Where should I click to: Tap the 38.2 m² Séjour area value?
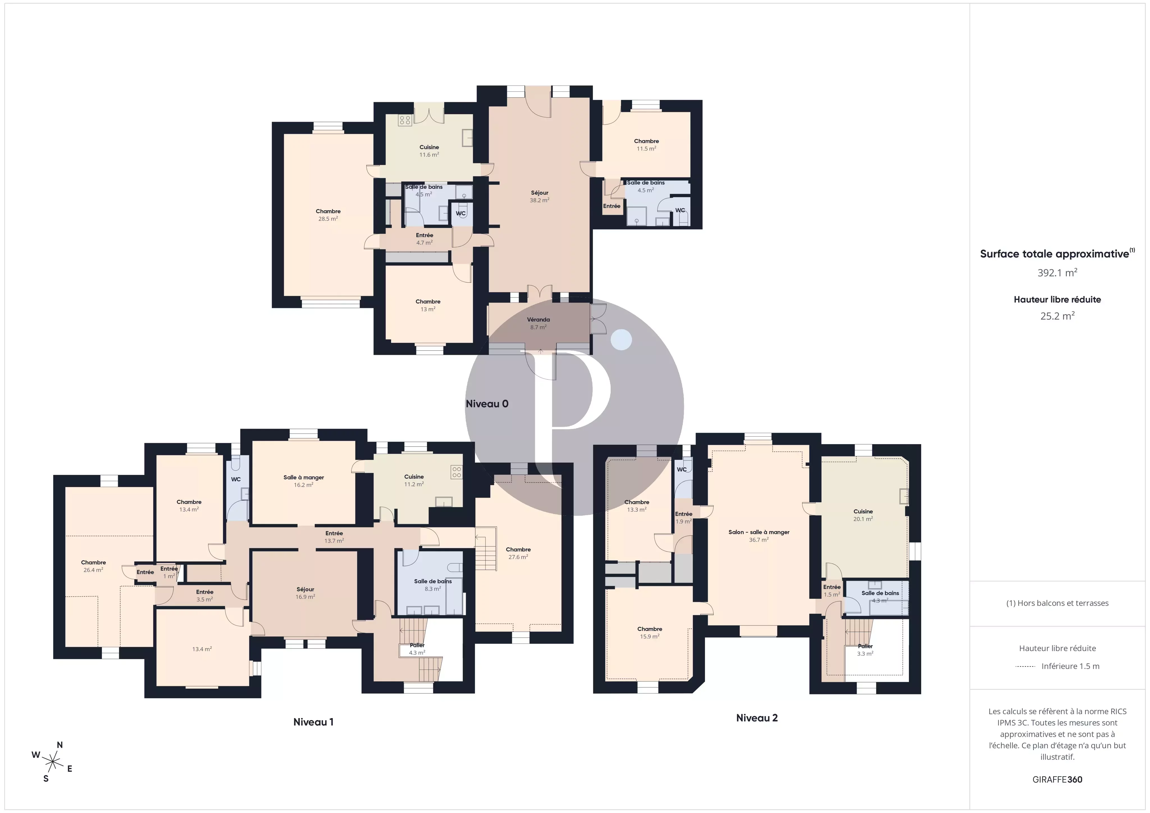pyautogui.click(x=539, y=200)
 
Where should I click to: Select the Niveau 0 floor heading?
pyautogui.click(x=487, y=404)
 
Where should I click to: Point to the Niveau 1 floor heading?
pyautogui.click(x=313, y=722)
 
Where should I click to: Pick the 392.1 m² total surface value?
pyautogui.click(x=1057, y=273)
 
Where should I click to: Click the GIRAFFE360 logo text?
pyautogui.click(x=1057, y=779)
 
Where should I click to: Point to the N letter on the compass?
pyautogui.click(x=60, y=745)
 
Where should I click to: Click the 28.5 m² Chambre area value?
pyautogui.click(x=328, y=219)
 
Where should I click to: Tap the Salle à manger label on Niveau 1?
pyautogui.click(x=304, y=477)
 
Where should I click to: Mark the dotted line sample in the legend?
pyautogui.click(x=1025, y=666)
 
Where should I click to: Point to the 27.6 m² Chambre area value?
pyautogui.click(x=518, y=557)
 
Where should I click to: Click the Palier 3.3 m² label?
pyautogui.click(x=865, y=650)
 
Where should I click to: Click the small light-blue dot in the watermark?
pyautogui.click(x=621, y=340)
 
